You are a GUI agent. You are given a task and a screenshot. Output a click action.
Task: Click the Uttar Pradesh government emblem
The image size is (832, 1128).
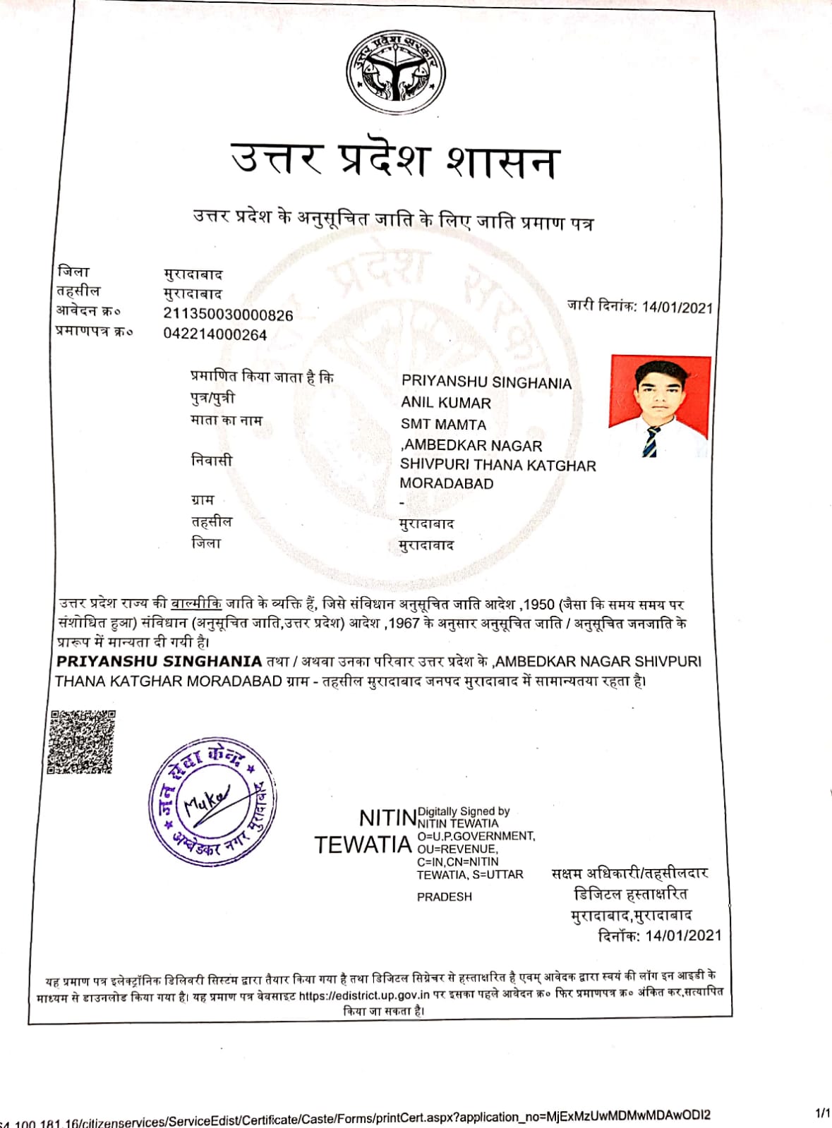(396, 71)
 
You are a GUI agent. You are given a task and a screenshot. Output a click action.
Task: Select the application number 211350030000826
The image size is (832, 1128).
(228, 315)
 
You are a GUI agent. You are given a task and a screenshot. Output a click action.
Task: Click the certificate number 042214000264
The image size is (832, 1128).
(215, 334)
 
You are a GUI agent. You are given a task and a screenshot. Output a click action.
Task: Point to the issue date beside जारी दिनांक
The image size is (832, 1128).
(677, 308)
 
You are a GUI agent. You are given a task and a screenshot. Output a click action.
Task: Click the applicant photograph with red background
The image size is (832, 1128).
(659, 406)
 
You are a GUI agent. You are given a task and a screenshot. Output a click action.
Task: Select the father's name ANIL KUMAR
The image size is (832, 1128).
(446, 403)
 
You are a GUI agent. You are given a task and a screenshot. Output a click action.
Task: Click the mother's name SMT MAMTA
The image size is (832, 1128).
(443, 425)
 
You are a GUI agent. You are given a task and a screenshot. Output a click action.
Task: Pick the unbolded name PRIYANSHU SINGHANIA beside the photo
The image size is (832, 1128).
(486, 382)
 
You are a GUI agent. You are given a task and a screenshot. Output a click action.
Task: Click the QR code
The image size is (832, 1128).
(82, 741)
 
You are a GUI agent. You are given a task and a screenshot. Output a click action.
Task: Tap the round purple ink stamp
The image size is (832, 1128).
(212, 801)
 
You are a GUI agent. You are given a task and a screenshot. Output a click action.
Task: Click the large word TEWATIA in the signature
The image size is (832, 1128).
(363, 845)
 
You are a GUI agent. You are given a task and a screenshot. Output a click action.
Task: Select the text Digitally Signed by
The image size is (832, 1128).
(464, 811)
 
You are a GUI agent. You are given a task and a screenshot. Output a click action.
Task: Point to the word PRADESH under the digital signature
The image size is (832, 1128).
(444, 897)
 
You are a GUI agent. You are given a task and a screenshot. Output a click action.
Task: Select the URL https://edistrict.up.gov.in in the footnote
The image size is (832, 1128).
(364, 995)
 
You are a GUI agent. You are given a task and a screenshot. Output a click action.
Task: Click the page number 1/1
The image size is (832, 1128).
(821, 1113)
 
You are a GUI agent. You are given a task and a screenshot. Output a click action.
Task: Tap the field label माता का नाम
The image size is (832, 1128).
(227, 420)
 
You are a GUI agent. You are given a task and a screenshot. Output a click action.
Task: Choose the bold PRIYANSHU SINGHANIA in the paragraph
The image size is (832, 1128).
(159, 662)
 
